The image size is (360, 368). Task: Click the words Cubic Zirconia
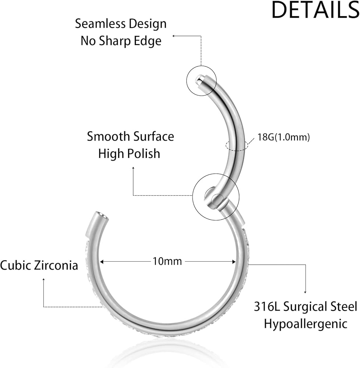point(39,265)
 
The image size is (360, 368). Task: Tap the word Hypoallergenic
point(306,324)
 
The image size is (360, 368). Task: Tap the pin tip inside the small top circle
point(200,79)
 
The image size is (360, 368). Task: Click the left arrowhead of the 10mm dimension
point(102,262)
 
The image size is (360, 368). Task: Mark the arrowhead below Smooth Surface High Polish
point(133,168)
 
